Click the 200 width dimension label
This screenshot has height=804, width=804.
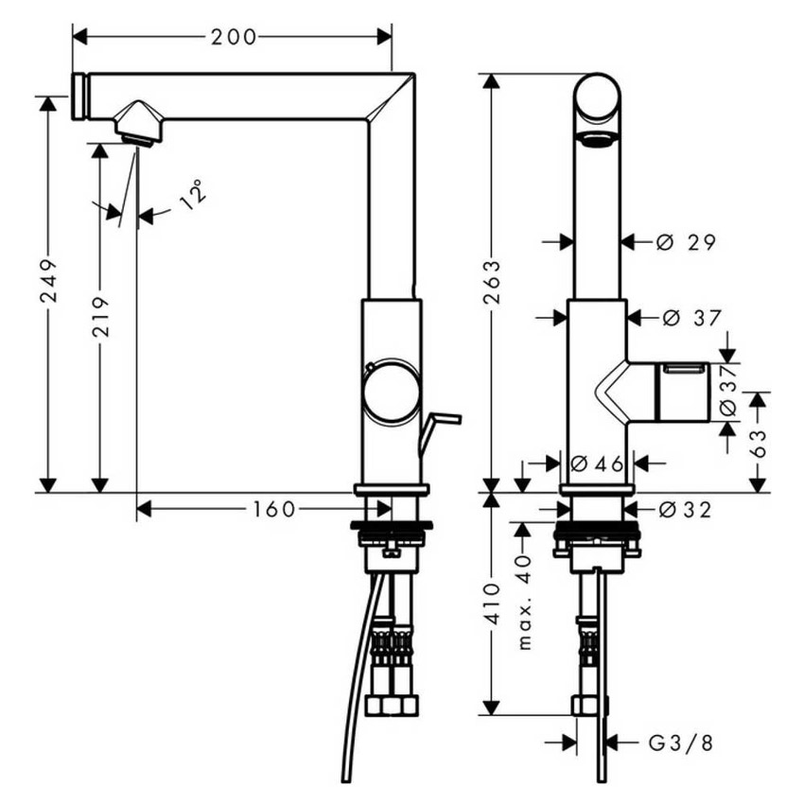234,37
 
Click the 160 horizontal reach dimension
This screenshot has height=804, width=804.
273,510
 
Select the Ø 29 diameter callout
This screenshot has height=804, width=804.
686,242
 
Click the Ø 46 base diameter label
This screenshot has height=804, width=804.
598,463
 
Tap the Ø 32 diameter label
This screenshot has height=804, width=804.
685,510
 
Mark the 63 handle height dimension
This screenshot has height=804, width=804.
758,442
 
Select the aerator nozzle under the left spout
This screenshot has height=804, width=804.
139,127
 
